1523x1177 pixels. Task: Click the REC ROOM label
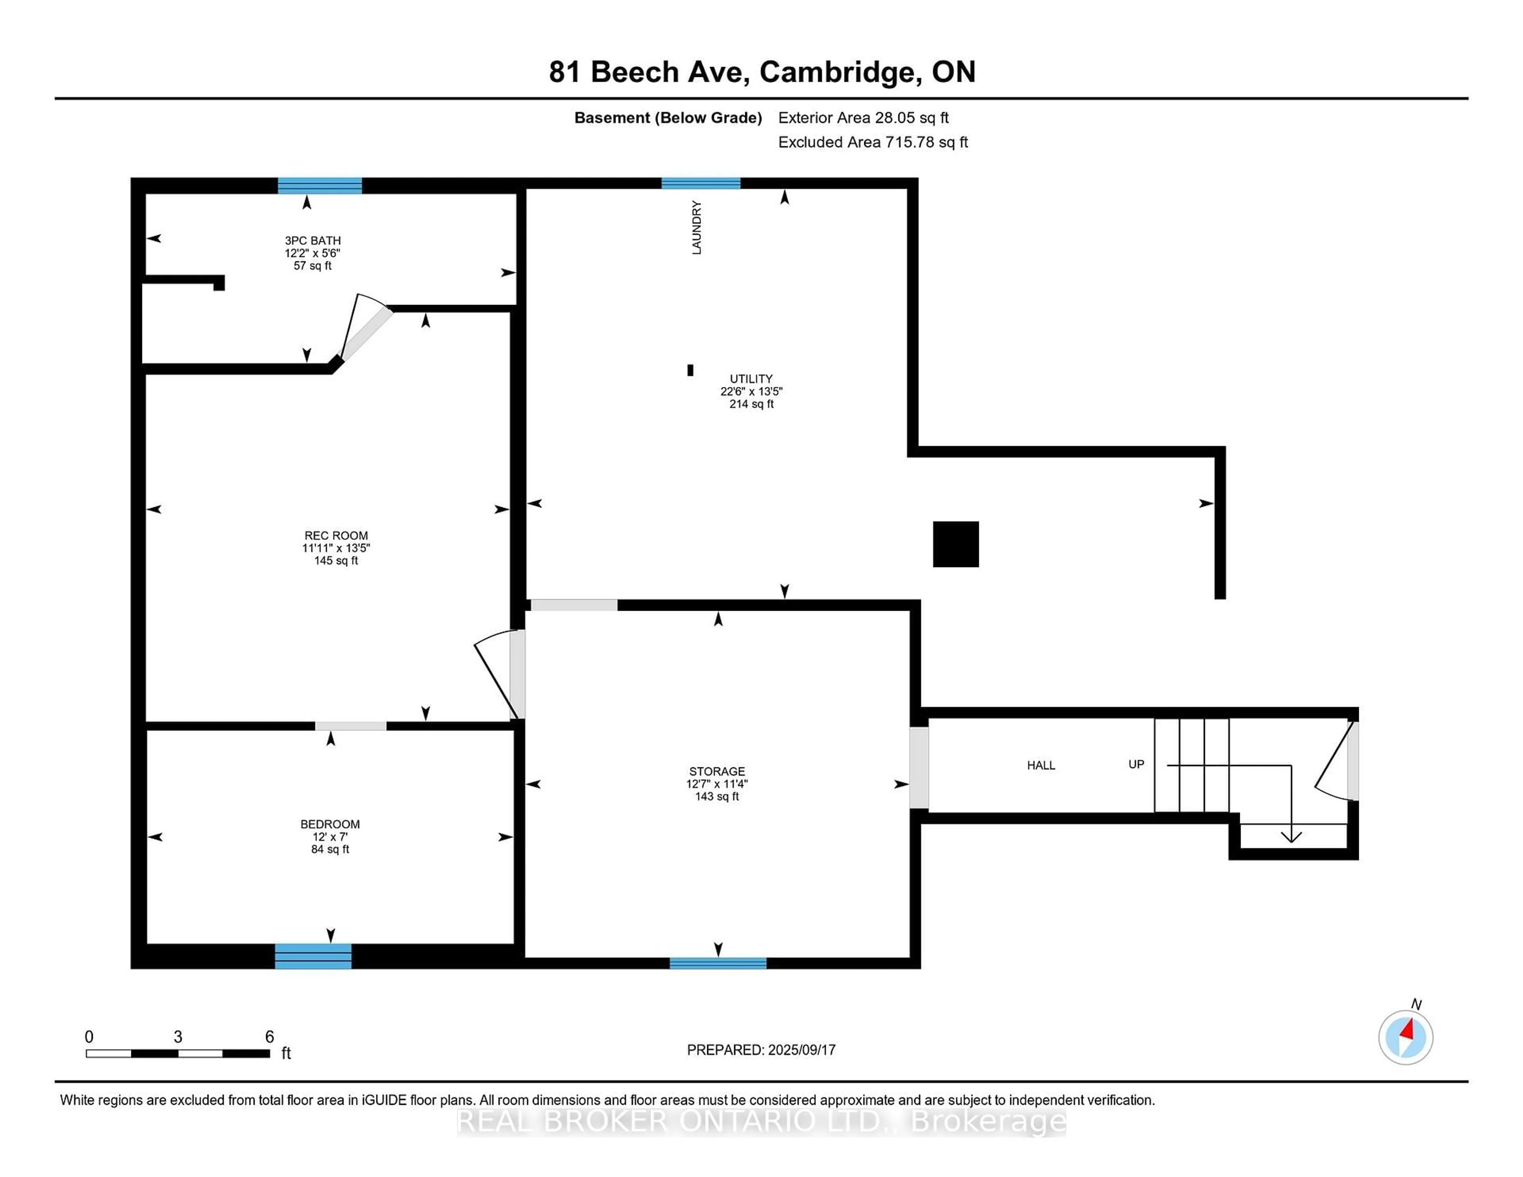click(336, 535)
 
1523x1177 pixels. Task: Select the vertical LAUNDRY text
click(696, 227)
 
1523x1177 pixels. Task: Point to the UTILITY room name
click(751, 379)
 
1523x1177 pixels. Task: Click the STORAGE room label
click(717, 771)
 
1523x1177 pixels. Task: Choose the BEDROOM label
click(330, 824)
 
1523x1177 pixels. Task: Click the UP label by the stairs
click(1136, 764)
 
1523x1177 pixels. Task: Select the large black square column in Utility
click(955, 544)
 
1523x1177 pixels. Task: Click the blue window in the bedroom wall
click(313, 956)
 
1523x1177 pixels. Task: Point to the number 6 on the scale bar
click(269, 1037)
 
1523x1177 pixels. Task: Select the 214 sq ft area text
click(751, 404)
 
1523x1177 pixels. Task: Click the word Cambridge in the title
click(837, 72)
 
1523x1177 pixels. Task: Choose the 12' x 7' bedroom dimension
click(330, 837)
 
